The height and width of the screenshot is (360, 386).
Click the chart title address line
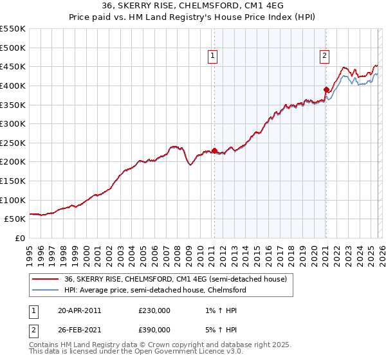[192, 5]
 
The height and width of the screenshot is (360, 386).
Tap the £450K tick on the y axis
[13, 66]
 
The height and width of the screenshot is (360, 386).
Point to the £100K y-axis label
[13, 200]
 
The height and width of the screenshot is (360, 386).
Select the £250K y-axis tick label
[13, 143]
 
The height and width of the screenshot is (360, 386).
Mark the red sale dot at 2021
[326, 89]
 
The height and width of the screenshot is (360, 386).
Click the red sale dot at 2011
[214, 150]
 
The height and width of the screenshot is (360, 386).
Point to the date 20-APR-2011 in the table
[79, 310]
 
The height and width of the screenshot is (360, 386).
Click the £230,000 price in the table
[154, 310]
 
